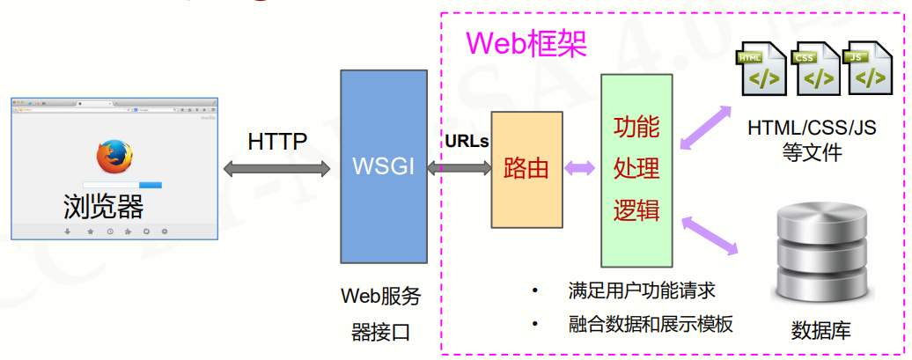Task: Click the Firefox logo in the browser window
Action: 114,159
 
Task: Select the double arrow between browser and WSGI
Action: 280,168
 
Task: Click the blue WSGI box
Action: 383,165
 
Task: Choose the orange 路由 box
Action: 526,170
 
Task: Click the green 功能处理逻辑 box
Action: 636,171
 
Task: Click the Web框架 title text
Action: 526,43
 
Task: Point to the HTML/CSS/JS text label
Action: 812,129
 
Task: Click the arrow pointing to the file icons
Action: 710,124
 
